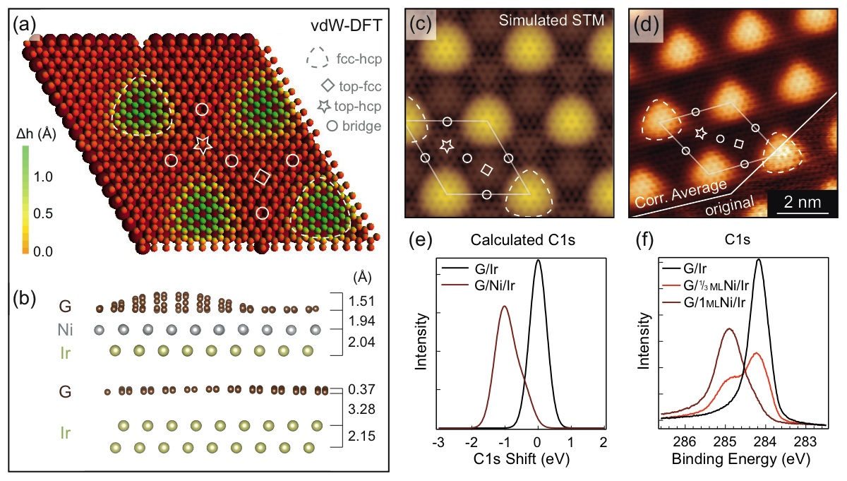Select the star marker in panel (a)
(203, 146)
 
